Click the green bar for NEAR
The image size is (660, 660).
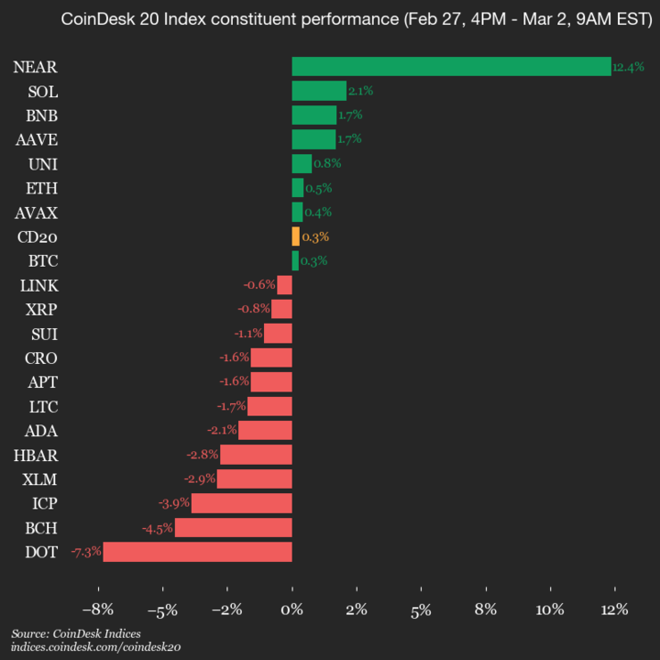click(451, 66)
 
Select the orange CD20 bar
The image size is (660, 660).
click(295, 236)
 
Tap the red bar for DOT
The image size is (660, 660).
click(197, 552)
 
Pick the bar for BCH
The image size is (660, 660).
click(233, 527)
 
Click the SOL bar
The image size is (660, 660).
click(319, 91)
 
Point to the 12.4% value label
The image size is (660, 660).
click(628, 67)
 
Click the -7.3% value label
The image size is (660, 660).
click(86, 552)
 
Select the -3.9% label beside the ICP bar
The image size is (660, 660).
click(173, 503)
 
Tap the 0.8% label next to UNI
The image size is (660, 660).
click(327, 164)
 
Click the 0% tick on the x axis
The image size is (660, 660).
click(291, 609)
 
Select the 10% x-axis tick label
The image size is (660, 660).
click(550, 609)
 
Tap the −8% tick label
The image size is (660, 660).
click(97, 609)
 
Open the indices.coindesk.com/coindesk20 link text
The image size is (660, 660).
click(95, 647)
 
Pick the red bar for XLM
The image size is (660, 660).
click(254, 478)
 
